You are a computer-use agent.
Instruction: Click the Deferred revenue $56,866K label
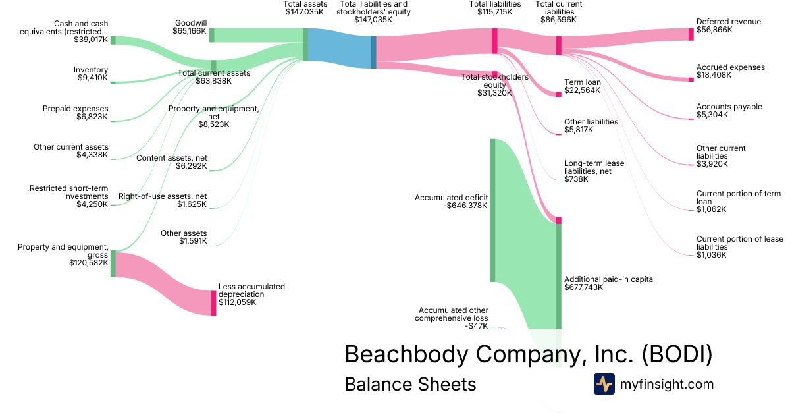click(728, 26)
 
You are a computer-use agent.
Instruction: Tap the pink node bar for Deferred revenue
click(691, 35)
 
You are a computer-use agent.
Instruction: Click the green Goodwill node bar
click(211, 35)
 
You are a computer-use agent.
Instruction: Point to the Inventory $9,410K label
click(92, 74)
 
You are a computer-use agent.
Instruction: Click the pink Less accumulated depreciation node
click(213, 303)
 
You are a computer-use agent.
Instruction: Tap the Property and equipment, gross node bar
click(113, 263)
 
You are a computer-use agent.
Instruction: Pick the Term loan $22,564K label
click(582, 86)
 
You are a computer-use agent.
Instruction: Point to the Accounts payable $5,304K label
click(729, 111)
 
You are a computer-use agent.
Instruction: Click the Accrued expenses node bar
click(691, 79)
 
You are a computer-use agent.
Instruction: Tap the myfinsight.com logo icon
click(604, 384)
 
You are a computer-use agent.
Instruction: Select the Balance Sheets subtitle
click(410, 384)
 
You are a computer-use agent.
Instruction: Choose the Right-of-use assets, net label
click(163, 200)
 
